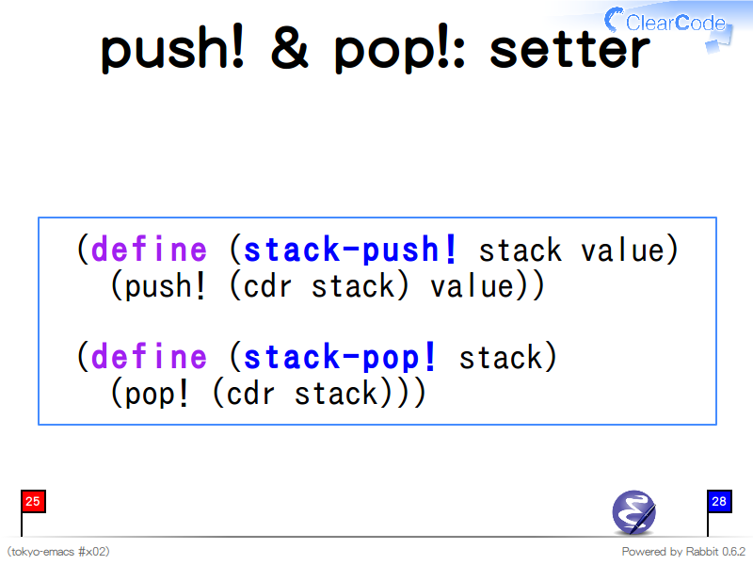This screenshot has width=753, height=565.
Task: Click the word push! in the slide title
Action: pyautogui.click(x=172, y=49)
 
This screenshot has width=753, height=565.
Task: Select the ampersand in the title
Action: pyautogui.click(x=290, y=46)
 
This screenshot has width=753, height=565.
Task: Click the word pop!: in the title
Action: pyautogui.click(x=399, y=49)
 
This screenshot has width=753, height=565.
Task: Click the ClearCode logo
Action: pyautogui.click(x=668, y=25)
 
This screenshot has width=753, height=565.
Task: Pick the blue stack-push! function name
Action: pyautogui.click(x=349, y=250)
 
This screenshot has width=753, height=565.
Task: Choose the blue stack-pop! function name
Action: pyautogui.click(x=340, y=357)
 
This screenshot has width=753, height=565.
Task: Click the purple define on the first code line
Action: pyautogui.click(x=150, y=249)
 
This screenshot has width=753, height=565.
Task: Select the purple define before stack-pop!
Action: pyautogui.click(x=150, y=356)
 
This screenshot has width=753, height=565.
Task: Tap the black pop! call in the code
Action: pyautogui.click(x=156, y=394)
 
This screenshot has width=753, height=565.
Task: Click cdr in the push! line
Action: pyautogui.click(x=267, y=286)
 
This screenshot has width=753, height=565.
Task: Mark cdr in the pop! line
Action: pyautogui.click(x=250, y=393)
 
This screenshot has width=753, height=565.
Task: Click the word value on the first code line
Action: pyautogui.click(x=623, y=250)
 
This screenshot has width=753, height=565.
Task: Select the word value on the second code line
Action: pyautogui.click(x=473, y=286)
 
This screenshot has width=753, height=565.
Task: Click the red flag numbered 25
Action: pyautogui.click(x=33, y=502)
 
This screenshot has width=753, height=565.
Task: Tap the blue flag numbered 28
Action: pyautogui.click(x=719, y=502)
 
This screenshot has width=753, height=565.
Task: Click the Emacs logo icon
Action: pyautogui.click(x=633, y=512)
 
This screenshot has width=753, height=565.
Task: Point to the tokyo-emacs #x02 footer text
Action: pyautogui.click(x=58, y=552)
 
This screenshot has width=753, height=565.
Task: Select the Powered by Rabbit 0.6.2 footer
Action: pyautogui.click(x=683, y=552)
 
